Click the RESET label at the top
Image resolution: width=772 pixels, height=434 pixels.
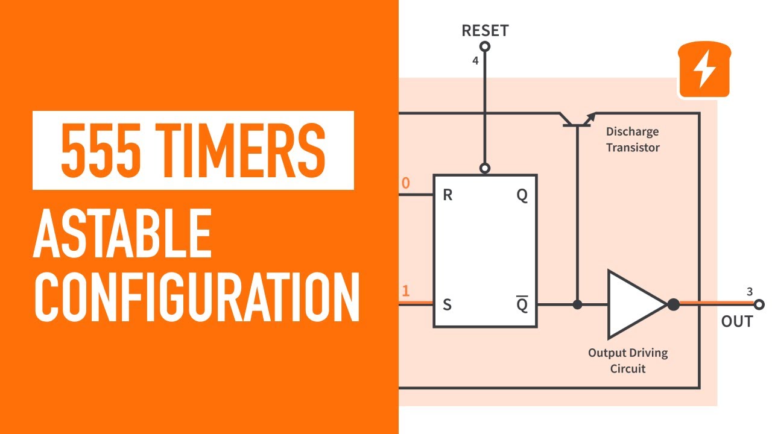click(x=485, y=30)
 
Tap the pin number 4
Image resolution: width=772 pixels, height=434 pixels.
click(x=475, y=61)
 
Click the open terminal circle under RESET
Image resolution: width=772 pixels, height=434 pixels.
click(x=484, y=46)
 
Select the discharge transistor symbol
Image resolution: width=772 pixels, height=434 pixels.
click(x=577, y=120)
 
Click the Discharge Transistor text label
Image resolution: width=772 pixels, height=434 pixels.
click(x=632, y=139)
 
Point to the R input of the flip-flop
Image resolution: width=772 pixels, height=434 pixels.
click(x=448, y=195)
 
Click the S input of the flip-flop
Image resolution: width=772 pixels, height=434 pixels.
click(x=447, y=304)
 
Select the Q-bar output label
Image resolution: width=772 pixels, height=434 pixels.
click(x=522, y=304)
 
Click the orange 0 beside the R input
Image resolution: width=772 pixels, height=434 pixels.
click(x=405, y=183)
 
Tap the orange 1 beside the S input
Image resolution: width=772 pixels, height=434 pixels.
click(x=405, y=291)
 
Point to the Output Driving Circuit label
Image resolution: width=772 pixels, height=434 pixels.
click(x=628, y=360)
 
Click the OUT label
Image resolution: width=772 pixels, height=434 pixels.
click(x=737, y=321)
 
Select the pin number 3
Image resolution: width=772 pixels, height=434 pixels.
click(x=750, y=292)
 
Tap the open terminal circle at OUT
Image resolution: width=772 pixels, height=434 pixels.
click(x=759, y=304)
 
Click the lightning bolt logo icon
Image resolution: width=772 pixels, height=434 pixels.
click(x=704, y=70)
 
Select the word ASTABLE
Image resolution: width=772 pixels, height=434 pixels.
click(x=122, y=233)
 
